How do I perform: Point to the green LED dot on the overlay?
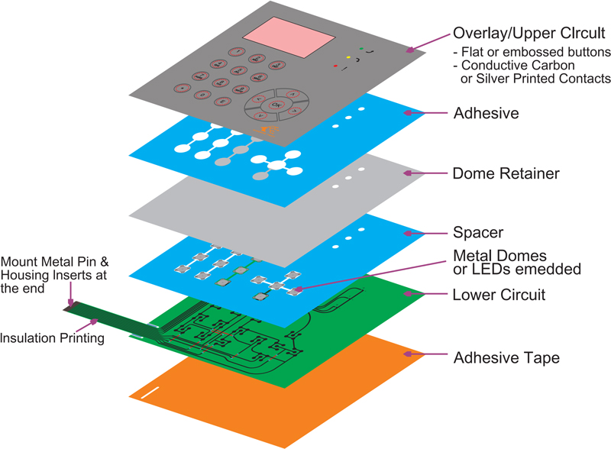[360, 50]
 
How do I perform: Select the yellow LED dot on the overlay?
[348, 57]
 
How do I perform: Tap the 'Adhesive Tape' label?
[506, 357]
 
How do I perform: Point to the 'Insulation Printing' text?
[52, 338]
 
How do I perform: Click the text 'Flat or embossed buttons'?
[535, 52]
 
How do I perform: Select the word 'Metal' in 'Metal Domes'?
[472, 254]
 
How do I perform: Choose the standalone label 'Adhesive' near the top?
[486, 113]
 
